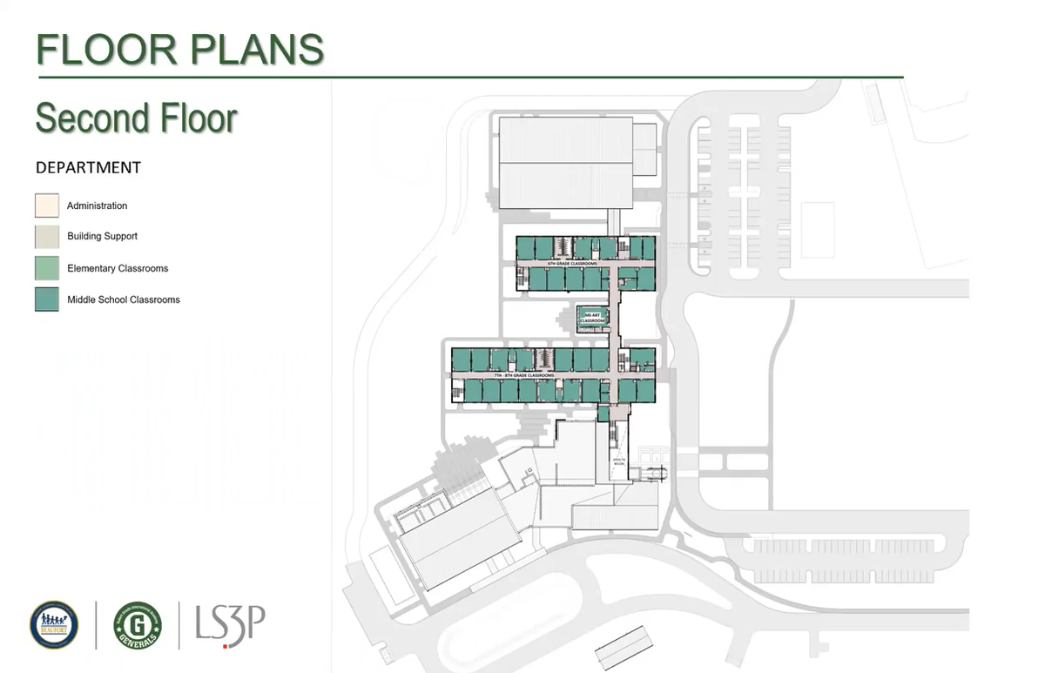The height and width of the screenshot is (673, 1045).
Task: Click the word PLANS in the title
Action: click(x=256, y=50)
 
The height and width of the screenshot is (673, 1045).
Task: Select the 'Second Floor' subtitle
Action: click(x=137, y=118)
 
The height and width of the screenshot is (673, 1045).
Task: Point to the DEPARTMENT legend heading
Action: click(x=88, y=167)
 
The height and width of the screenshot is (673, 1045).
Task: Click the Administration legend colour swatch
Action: click(x=47, y=205)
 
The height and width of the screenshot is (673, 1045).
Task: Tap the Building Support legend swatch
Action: click(x=47, y=237)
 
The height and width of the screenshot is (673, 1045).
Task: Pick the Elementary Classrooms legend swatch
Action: click(x=47, y=268)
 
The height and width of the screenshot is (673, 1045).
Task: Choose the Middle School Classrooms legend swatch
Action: click(x=47, y=299)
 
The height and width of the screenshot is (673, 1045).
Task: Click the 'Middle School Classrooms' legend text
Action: click(x=124, y=299)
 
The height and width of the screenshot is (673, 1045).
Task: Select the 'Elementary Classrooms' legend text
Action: click(x=118, y=268)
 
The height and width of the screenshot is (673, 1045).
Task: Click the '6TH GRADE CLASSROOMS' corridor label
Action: click(x=572, y=262)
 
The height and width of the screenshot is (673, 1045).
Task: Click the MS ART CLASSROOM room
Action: click(x=592, y=317)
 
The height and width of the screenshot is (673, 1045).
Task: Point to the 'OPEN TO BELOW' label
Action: click(x=618, y=463)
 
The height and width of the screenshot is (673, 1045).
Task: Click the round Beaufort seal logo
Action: click(x=54, y=624)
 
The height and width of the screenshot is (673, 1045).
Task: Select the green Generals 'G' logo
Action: click(x=138, y=624)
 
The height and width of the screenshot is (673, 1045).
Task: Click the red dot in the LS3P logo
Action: click(x=226, y=645)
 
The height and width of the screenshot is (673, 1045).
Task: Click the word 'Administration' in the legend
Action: click(x=97, y=205)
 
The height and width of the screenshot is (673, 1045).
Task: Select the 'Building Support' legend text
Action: click(x=102, y=237)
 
